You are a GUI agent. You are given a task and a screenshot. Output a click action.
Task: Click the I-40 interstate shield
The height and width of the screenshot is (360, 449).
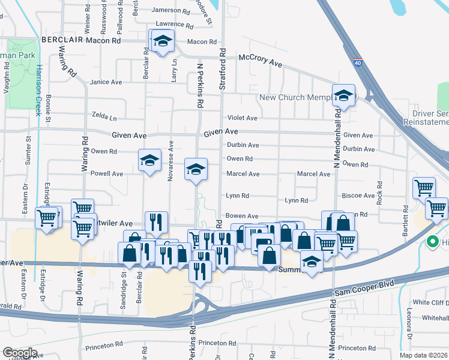357,62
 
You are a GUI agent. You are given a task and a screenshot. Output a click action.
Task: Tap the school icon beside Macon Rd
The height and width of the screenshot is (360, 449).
161,42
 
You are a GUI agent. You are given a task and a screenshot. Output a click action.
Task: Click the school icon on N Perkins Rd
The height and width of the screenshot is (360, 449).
195,169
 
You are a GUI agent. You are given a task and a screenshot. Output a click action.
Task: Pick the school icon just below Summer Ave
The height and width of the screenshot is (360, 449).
311,262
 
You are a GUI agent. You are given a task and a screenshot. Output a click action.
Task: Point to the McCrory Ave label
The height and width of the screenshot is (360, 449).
260,59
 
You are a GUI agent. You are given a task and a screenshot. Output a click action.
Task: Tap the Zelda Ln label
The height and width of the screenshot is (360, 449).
104,116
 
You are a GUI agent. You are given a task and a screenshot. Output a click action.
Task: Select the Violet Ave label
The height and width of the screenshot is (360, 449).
242,118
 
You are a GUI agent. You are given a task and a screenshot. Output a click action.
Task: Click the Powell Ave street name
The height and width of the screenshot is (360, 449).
107,173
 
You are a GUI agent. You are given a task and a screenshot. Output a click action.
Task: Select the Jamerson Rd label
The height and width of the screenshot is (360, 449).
170,10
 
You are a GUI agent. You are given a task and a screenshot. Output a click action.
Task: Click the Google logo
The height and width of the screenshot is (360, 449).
20,353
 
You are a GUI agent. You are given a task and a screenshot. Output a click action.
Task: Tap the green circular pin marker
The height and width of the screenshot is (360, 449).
431,242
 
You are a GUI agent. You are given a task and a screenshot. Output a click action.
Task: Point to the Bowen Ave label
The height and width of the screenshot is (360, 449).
242,216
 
